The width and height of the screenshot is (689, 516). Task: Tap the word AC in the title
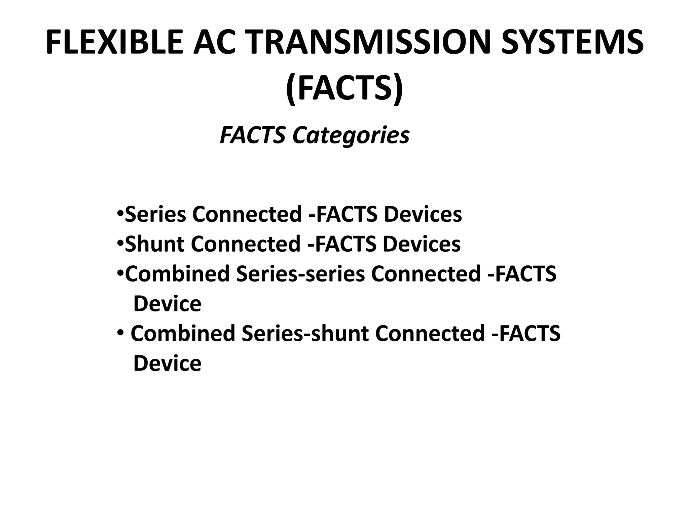tap(214, 42)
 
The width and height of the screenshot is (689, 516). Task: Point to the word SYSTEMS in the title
tap(572, 42)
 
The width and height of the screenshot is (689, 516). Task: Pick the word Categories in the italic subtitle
tap(351, 135)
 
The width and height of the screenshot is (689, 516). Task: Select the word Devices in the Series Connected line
tap(423, 214)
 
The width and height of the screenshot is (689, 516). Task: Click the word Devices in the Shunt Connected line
tap(422, 244)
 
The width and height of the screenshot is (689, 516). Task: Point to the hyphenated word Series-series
tap(300, 273)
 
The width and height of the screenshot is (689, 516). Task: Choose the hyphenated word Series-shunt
tap(305, 333)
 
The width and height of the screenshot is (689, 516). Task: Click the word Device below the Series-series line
tap(167, 304)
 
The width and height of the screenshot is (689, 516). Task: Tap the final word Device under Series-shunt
tap(167, 363)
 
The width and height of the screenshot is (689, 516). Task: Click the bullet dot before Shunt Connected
tap(120, 243)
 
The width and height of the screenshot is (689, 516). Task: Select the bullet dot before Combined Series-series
tap(120, 272)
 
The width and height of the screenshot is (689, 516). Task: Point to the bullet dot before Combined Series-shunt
tap(120, 332)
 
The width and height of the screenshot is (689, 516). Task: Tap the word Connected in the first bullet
tap(247, 214)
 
